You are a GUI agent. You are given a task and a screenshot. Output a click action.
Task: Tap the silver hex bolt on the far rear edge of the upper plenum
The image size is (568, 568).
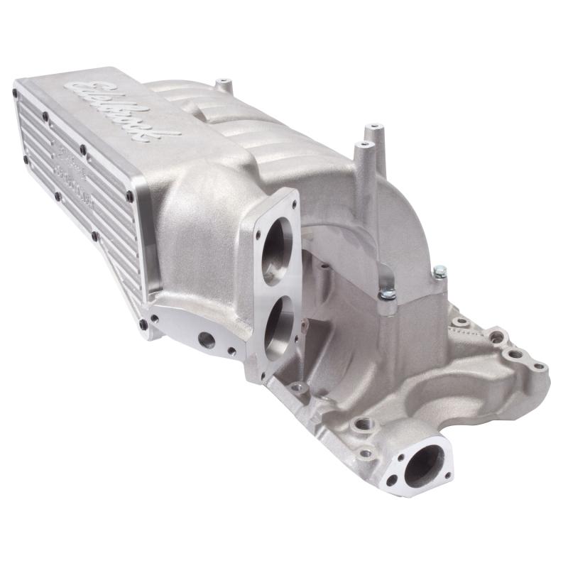[x=441, y=271]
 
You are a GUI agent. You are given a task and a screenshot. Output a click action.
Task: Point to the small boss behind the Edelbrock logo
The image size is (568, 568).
[x=224, y=85]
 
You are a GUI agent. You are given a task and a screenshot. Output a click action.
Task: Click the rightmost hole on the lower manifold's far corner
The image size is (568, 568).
[x=539, y=366]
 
